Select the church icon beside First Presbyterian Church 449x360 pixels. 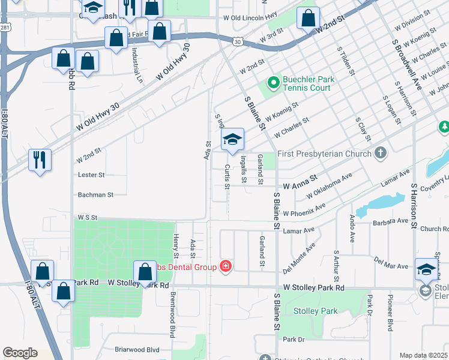[x=379, y=154]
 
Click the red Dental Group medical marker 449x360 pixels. [x=226, y=266]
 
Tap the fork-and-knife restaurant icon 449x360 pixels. [x=40, y=160]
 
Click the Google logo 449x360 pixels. [x=20, y=353]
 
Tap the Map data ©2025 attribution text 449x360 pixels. [x=424, y=355]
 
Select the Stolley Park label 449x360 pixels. [x=316, y=311]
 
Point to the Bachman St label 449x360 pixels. [x=95, y=194]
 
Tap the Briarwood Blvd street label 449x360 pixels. [x=136, y=349]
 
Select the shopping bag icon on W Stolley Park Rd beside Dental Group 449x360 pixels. [x=145, y=272]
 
